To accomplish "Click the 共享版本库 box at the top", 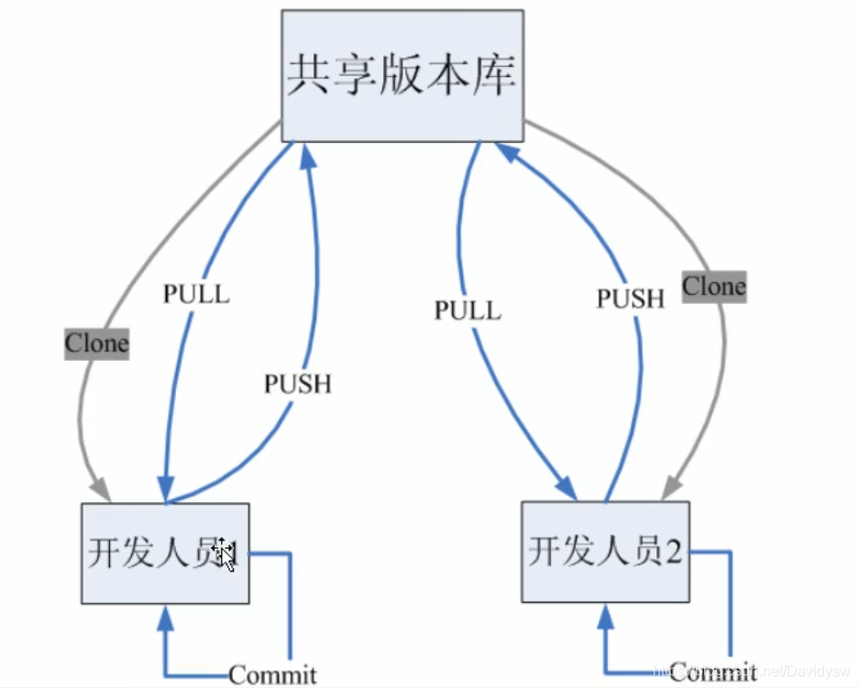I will point(402,75).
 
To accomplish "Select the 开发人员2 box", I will point(605,551).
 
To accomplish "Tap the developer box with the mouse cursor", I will point(165,553).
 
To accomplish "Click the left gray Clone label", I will point(96,344).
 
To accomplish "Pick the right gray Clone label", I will point(713,286).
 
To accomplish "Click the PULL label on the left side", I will point(195,293).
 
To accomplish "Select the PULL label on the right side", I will point(468,310).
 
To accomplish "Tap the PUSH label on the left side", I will point(297,383).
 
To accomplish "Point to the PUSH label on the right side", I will point(630,298).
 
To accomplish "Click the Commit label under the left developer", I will point(272,675).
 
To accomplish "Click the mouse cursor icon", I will point(223,553).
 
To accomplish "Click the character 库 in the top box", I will point(493,75).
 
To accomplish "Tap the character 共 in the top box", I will point(309,75).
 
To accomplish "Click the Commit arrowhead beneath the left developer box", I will point(165,618).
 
